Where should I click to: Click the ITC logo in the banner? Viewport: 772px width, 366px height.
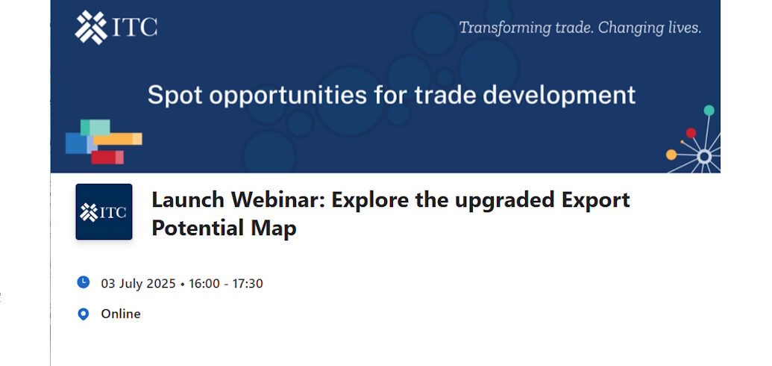click(116, 28)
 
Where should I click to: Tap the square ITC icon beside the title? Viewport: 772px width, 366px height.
click(104, 211)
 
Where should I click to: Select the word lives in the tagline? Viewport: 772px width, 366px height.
click(685, 28)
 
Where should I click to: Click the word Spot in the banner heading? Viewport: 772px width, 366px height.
click(176, 95)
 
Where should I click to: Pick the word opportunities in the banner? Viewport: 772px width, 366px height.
click(289, 95)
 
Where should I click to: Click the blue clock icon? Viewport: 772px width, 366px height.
click(84, 282)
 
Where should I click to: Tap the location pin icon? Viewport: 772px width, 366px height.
click(84, 314)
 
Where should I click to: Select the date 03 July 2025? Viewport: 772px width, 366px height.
click(138, 284)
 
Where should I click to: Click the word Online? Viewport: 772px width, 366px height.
click(121, 314)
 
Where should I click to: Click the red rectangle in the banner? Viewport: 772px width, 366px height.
click(107, 158)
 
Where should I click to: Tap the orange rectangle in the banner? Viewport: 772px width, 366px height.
click(118, 139)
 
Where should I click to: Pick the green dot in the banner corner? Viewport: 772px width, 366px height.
click(709, 110)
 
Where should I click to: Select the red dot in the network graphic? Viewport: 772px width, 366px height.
click(691, 133)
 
